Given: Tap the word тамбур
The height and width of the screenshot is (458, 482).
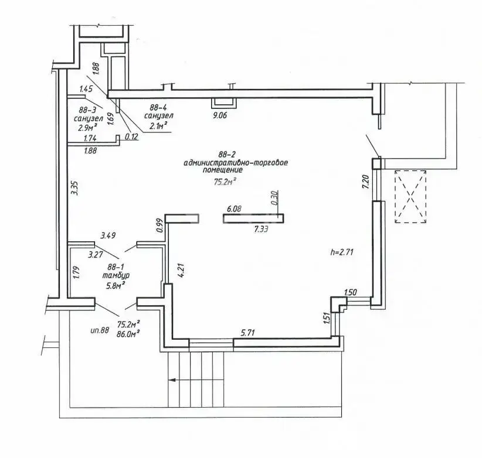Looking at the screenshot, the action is [116, 275].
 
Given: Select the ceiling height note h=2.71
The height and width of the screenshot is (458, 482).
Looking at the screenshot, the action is [342, 252].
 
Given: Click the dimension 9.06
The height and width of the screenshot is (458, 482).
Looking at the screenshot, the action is [219, 115].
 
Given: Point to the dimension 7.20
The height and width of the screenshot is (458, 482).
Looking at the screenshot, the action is [366, 182].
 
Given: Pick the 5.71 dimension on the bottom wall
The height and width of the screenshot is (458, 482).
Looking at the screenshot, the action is [248, 333].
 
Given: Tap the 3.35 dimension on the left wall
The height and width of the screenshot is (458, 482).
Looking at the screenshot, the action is [74, 188].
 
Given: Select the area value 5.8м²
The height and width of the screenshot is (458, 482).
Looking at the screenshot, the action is [116, 286].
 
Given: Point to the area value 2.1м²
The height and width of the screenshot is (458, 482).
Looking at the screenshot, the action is [158, 125].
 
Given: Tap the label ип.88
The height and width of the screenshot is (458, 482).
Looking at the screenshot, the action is [100, 330].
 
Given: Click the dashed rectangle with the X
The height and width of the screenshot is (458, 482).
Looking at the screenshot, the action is [410, 196].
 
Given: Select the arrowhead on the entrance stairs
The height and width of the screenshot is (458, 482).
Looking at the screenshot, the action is [172, 380].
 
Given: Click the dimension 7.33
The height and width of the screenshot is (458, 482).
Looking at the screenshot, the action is [261, 228].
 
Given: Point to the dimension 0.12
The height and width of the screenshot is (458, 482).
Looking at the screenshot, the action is [131, 137].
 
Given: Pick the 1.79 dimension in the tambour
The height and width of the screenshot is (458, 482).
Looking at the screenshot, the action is [76, 272].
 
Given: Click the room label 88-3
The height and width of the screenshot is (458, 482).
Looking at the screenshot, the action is [87, 110].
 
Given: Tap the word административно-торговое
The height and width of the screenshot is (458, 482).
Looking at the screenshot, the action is [236, 162].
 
